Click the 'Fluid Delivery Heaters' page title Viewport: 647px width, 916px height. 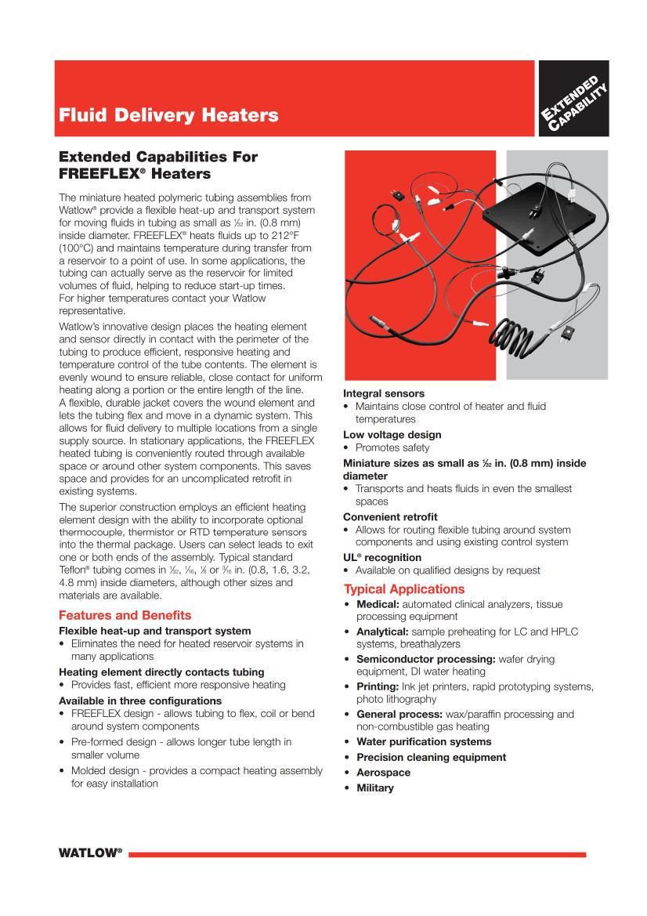(x=168, y=116)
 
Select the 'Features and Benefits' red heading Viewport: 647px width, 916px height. (x=125, y=615)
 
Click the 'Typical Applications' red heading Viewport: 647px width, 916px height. (x=404, y=588)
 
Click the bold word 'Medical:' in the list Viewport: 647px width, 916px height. (x=378, y=604)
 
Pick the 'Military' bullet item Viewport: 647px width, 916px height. (x=374, y=787)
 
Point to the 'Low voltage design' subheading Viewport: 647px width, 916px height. (x=392, y=434)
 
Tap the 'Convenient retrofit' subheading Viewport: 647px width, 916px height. (x=390, y=516)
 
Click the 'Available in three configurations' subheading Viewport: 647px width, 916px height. (x=140, y=701)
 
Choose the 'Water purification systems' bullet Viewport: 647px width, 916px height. (x=424, y=741)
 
